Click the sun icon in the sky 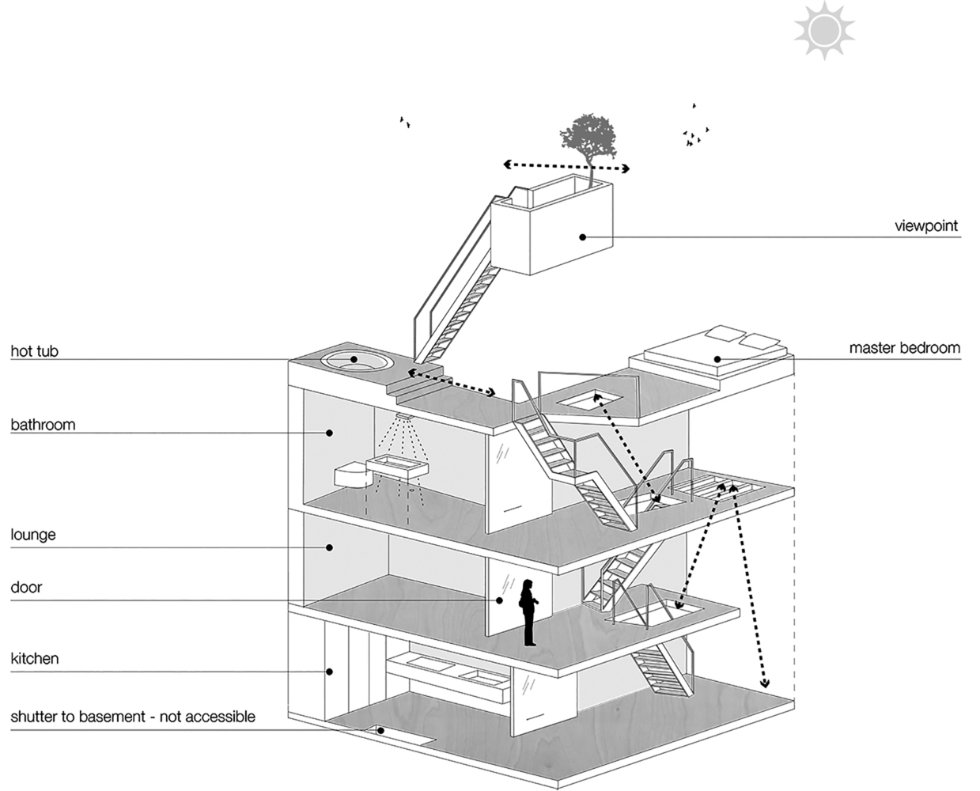click(825, 31)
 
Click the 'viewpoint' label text click(925, 226)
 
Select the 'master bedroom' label click(904, 348)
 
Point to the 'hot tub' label click(34, 351)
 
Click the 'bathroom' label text click(43, 425)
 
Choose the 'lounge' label click(33, 536)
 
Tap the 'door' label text click(26, 589)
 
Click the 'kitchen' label click(35, 659)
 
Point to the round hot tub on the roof click(355, 361)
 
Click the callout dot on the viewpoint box click(582, 237)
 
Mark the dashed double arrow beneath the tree click(567, 166)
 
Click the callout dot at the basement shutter click(380, 730)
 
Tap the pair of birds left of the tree click(405, 122)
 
